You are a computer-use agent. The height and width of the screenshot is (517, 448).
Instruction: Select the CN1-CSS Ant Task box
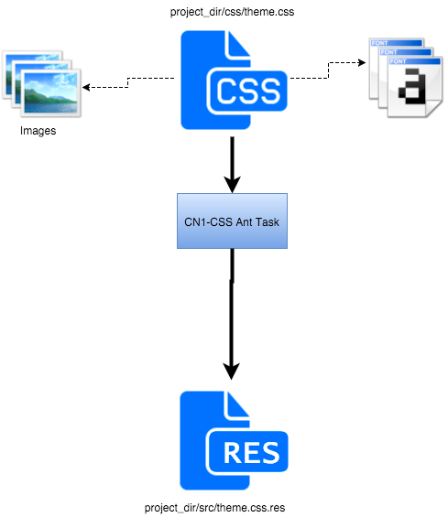(232, 220)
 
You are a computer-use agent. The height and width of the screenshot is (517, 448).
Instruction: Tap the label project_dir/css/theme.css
(232, 12)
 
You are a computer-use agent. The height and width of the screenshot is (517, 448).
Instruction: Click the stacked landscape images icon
(40, 84)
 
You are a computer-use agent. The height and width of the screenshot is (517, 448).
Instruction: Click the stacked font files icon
(402, 78)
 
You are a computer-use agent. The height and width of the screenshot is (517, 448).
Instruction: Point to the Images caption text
(38, 131)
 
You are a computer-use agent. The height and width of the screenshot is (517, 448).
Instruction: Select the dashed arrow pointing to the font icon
(330, 68)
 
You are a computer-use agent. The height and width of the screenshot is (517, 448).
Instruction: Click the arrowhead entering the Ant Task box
(232, 183)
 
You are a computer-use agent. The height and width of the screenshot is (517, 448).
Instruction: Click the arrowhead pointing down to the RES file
(232, 370)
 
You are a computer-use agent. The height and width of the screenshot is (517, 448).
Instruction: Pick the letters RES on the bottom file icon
(249, 452)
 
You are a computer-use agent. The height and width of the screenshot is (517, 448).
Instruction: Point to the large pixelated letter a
(414, 88)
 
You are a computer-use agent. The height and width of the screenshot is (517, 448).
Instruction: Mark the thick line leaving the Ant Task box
(232, 302)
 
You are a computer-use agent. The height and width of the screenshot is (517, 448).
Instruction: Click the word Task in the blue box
(265, 221)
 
